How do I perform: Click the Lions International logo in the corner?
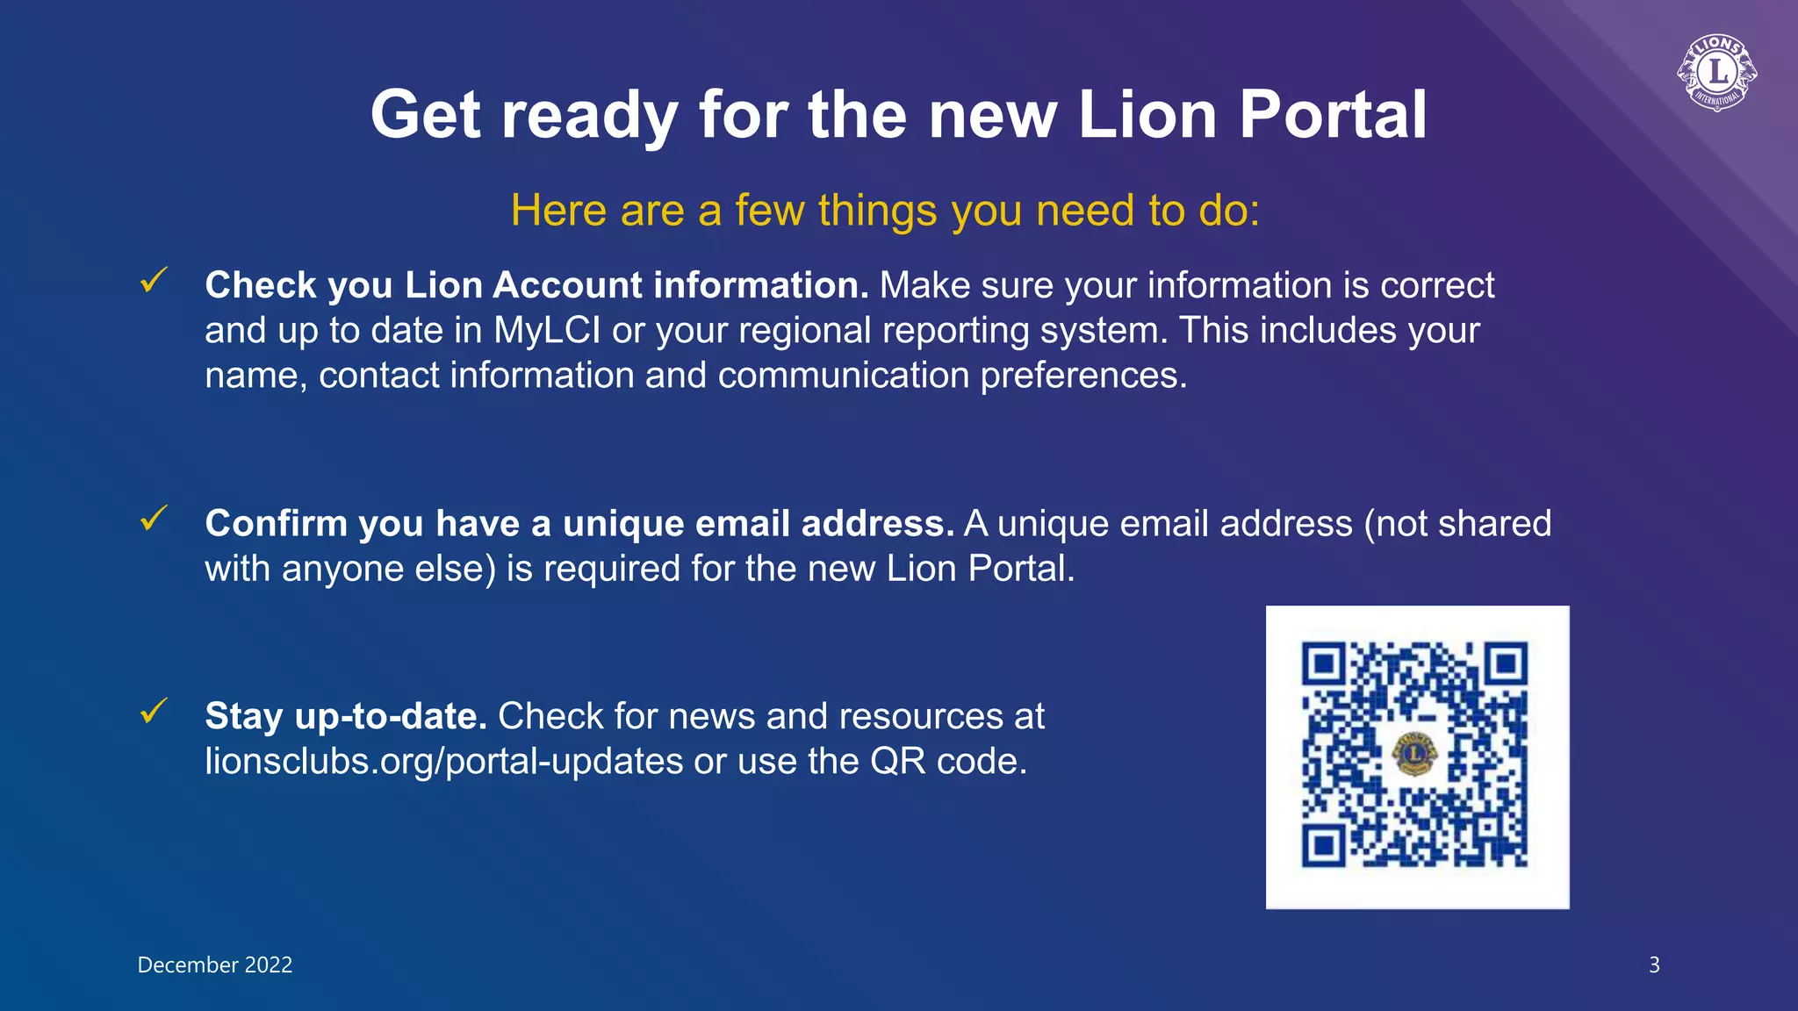click(x=1716, y=73)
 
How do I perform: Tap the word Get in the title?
click(x=426, y=115)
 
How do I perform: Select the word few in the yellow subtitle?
click(x=767, y=212)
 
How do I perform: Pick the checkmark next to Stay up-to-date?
click(x=154, y=711)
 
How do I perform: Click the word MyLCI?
click(x=547, y=331)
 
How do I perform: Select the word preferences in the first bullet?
click(x=1082, y=376)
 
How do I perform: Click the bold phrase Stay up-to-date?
click(x=346, y=716)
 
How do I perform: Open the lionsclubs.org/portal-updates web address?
click(x=444, y=762)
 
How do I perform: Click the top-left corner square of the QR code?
click(x=1323, y=664)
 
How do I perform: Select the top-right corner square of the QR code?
click(x=1507, y=664)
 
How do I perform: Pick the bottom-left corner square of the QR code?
click(x=1323, y=846)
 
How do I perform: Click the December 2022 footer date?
click(x=215, y=965)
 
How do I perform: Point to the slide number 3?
click(x=1654, y=965)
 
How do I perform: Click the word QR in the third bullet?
click(x=897, y=762)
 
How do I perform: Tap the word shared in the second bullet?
click(x=1494, y=524)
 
